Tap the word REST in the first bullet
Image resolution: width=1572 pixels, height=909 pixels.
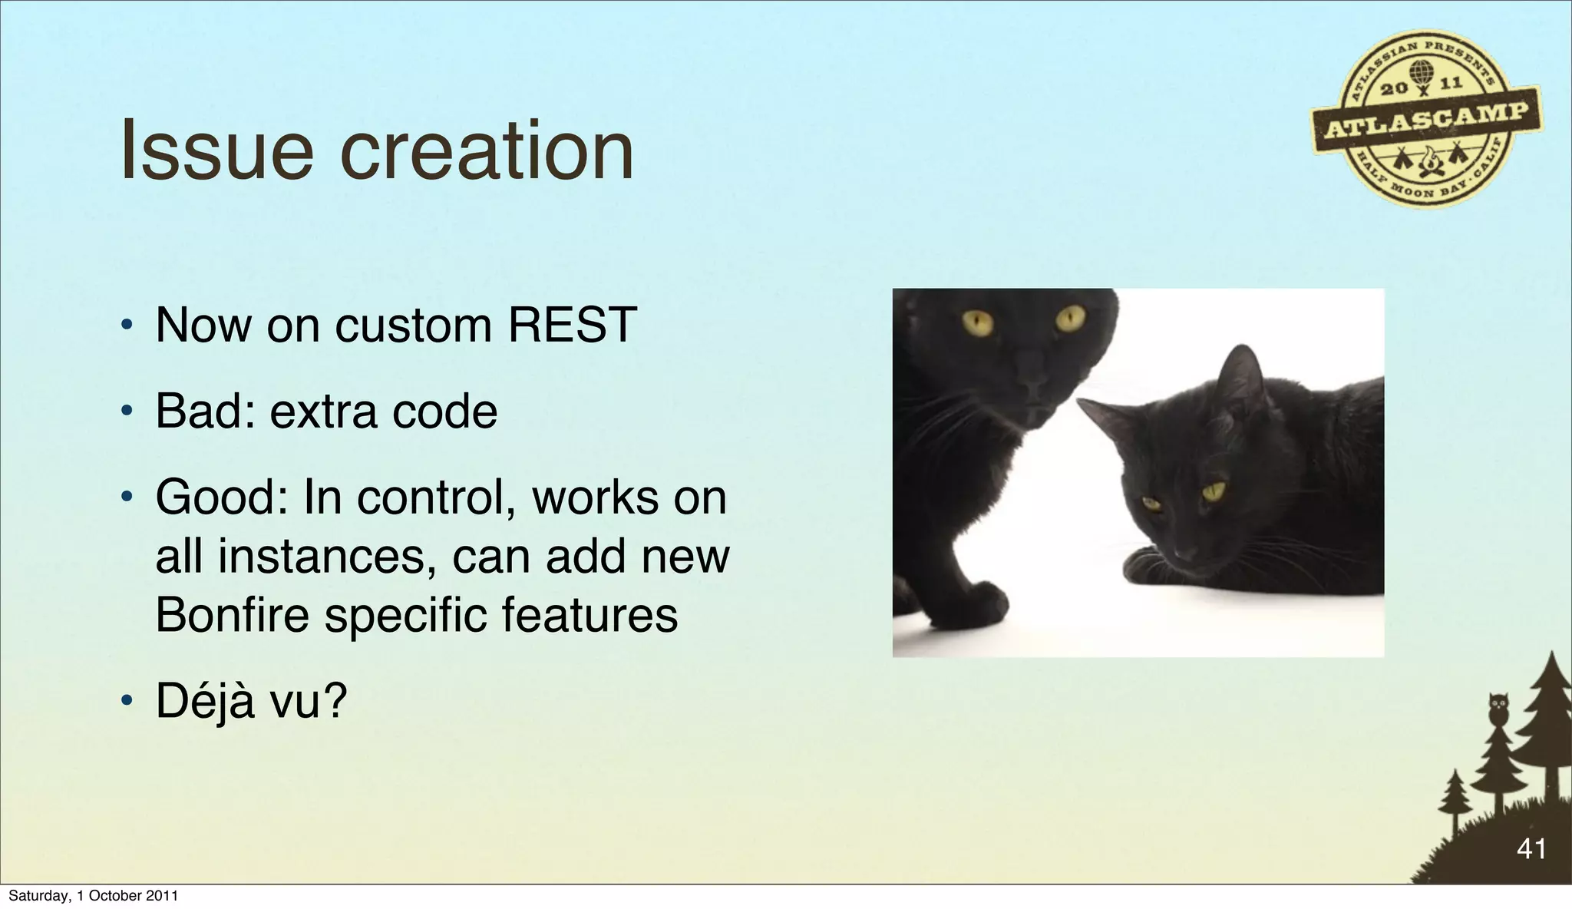(x=572, y=325)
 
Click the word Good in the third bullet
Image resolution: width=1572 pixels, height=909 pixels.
(x=217, y=497)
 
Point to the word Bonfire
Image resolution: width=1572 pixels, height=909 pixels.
(x=232, y=615)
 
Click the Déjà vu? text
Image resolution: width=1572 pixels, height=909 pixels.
(x=251, y=701)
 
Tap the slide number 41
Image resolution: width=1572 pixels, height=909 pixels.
(x=1531, y=849)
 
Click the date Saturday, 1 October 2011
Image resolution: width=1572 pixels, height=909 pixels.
(x=93, y=896)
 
